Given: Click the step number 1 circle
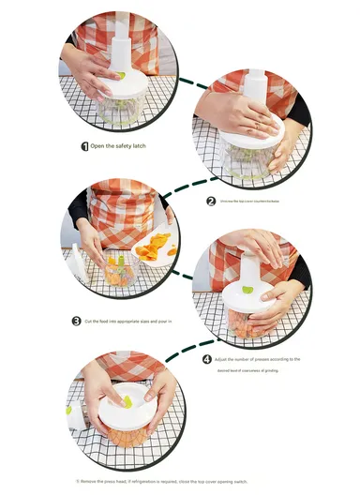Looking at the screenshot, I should [85, 146].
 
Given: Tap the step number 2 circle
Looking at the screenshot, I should [211, 201].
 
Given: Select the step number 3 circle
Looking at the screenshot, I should [77, 321].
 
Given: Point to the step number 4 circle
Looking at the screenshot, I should [207, 358].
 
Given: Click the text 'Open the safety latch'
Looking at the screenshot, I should [118, 146].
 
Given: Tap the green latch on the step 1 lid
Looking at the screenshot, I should [119, 76].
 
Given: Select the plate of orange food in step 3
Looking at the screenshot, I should [156, 249].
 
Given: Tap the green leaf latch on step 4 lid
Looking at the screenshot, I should [247, 290].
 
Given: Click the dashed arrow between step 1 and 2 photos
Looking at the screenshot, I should [192, 83].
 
